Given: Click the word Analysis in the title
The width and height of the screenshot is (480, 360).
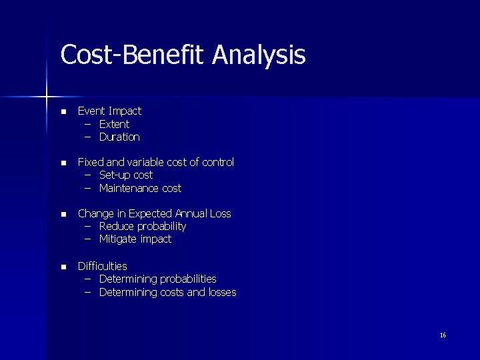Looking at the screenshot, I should coord(259,55).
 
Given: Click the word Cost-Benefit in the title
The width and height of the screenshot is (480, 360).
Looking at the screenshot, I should coord(133,55).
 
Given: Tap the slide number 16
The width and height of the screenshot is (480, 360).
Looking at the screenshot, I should coord(443,335).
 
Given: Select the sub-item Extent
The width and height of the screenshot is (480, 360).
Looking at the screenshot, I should coord(114,124).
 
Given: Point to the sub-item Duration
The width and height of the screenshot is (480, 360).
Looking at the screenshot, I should coord(119,137).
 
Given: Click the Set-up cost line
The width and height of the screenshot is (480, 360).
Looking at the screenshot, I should coord(125,175).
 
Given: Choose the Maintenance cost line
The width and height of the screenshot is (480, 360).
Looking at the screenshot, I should coord(140,188).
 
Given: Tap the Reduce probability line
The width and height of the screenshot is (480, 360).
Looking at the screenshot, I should coord(142,226).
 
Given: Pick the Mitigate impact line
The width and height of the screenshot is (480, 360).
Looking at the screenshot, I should coord(135,239).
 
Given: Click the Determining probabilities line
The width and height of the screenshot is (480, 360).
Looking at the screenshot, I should coord(157,279).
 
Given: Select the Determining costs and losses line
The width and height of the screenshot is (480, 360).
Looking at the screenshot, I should coord(167,292).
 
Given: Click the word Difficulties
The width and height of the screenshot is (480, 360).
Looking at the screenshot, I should coord(102,266).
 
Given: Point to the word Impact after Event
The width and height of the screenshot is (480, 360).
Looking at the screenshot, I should coord(125,111).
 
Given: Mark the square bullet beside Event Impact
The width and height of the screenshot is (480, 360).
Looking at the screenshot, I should coord(63,112).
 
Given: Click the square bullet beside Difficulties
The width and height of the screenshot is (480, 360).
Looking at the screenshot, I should coord(63,267).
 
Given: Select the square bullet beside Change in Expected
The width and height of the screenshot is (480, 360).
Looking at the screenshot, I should coord(63,215).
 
